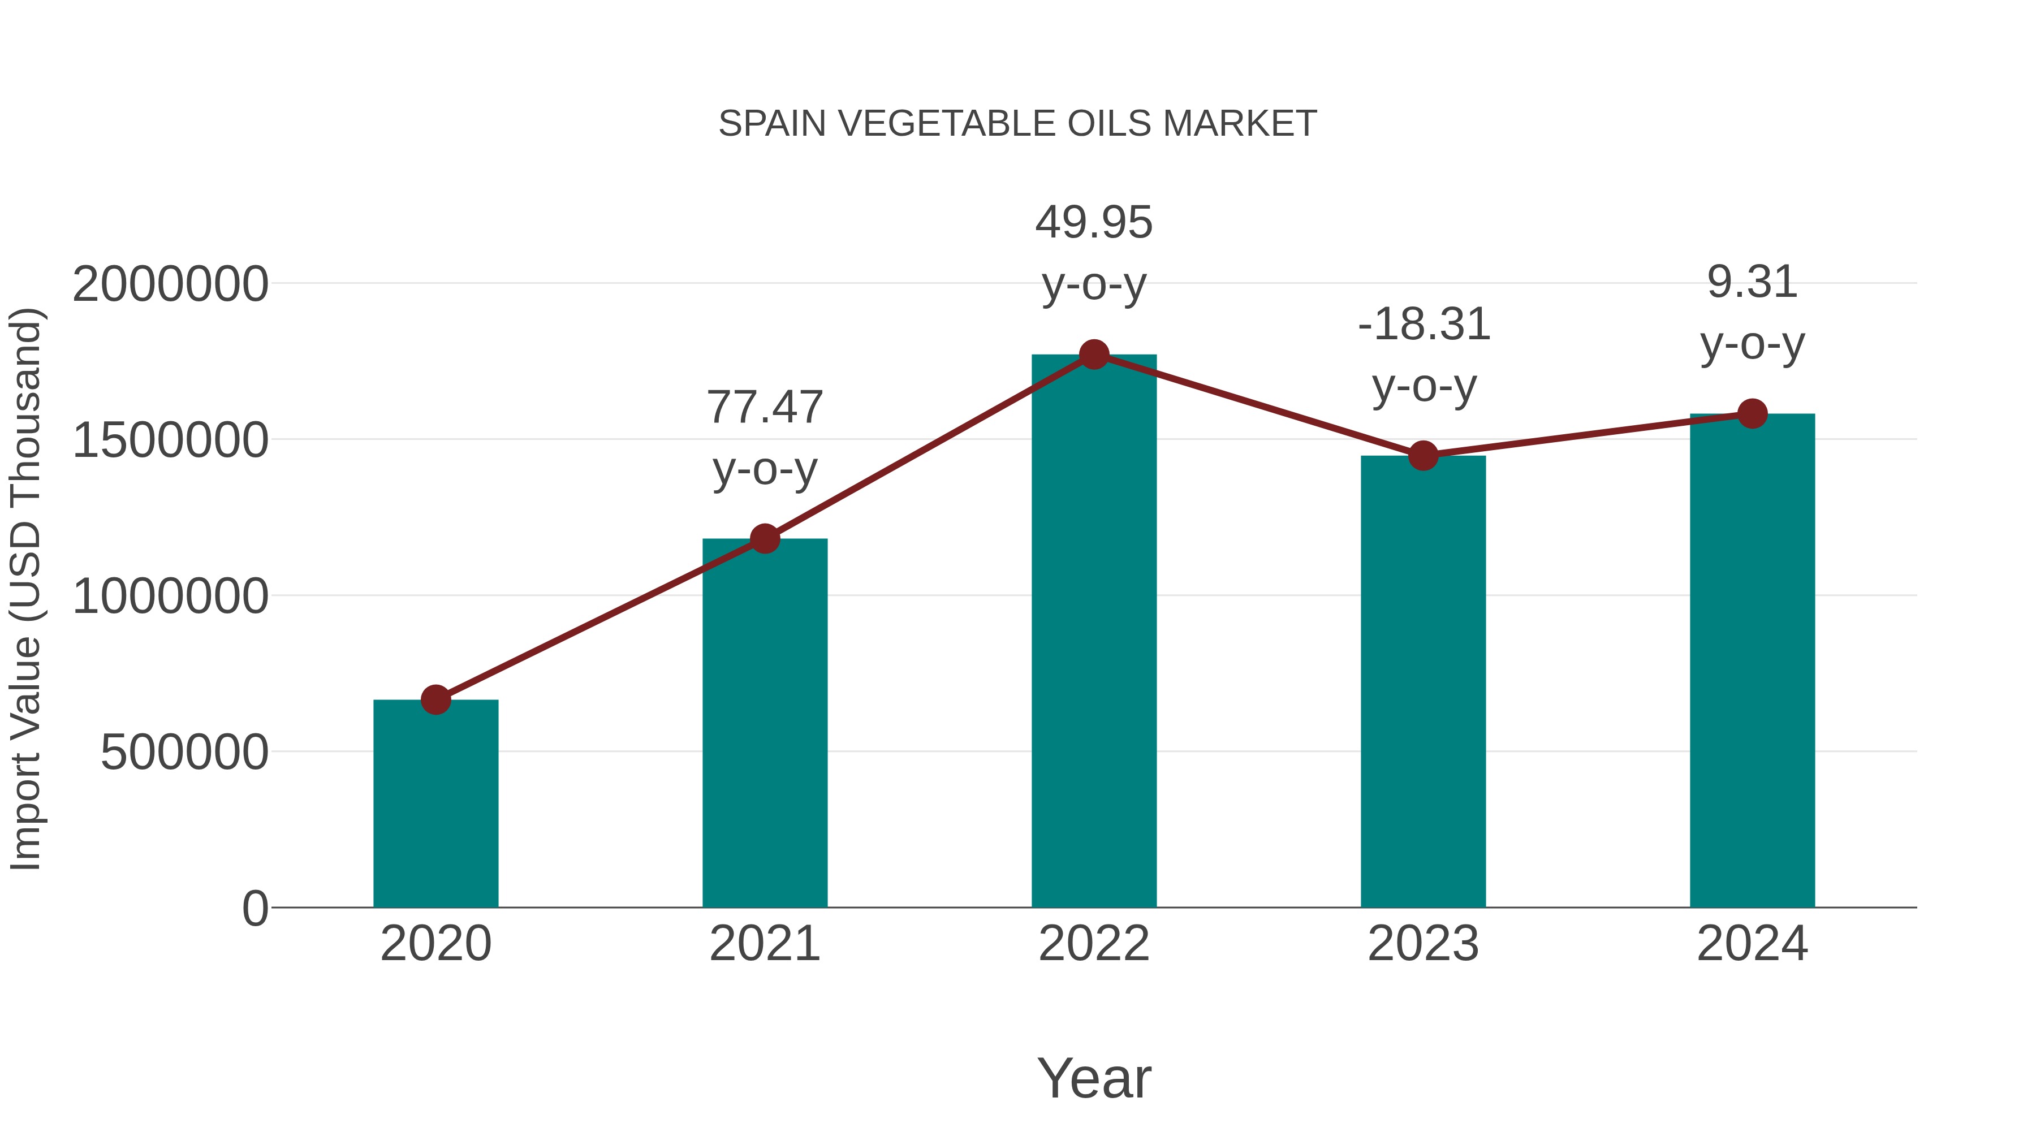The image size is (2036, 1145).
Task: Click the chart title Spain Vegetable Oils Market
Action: pyautogui.click(x=1017, y=124)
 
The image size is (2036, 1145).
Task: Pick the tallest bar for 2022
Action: pyautogui.click(x=1094, y=632)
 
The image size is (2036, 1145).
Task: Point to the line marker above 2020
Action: pyautogui.click(x=435, y=699)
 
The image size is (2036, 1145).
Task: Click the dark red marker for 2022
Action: pyautogui.click(x=1094, y=355)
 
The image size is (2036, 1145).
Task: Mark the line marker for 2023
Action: pyautogui.click(x=1423, y=456)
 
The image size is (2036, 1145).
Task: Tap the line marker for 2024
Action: pyautogui.click(x=1752, y=413)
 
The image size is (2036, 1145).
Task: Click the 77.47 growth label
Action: pyautogui.click(x=764, y=408)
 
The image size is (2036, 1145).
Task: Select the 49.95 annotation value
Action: pyautogui.click(x=1094, y=223)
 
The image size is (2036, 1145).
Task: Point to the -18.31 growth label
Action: pyautogui.click(x=1424, y=325)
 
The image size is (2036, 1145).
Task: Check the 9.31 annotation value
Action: pyautogui.click(x=1752, y=282)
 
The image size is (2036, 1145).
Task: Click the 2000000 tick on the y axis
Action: pyautogui.click(x=170, y=284)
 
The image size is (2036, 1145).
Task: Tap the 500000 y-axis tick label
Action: pyautogui.click(x=184, y=752)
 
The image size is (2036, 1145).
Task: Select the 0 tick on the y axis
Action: pyautogui.click(x=255, y=909)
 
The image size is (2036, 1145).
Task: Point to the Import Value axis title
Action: pyautogui.click(x=25, y=589)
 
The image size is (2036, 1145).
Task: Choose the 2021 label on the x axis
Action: pyautogui.click(x=764, y=944)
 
